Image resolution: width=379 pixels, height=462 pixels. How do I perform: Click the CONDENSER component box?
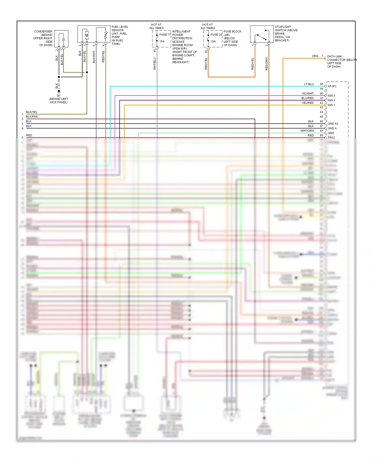(x=61, y=39)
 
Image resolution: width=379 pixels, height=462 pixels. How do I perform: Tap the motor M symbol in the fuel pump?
(x=87, y=35)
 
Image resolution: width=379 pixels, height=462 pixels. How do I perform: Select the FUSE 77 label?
(x=165, y=35)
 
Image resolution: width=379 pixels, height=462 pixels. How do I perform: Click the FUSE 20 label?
(x=216, y=35)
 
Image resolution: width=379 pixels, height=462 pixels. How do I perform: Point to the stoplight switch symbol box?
(x=262, y=34)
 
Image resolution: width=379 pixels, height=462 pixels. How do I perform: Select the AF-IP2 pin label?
(x=332, y=86)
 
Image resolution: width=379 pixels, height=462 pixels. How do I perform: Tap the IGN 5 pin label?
(x=331, y=96)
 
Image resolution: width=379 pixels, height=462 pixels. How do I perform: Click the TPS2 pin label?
(x=331, y=138)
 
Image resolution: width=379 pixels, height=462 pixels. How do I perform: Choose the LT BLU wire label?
(x=309, y=84)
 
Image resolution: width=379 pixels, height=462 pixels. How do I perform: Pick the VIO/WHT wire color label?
(x=307, y=94)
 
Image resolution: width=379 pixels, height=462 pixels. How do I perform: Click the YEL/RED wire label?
(x=307, y=103)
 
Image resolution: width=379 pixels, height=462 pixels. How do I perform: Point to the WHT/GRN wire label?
(x=307, y=131)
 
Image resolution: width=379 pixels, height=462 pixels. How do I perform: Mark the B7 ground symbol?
(x=59, y=91)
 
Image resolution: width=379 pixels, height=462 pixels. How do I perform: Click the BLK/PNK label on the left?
(x=32, y=117)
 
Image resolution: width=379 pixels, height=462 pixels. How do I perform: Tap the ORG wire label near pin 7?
(x=315, y=56)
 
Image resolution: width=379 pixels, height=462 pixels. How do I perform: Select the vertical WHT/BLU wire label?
(x=155, y=64)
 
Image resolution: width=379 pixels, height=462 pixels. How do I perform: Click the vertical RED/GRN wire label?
(x=267, y=64)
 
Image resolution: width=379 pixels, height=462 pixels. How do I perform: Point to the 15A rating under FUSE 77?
(x=162, y=41)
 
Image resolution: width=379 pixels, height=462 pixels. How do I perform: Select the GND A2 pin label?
(x=333, y=124)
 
